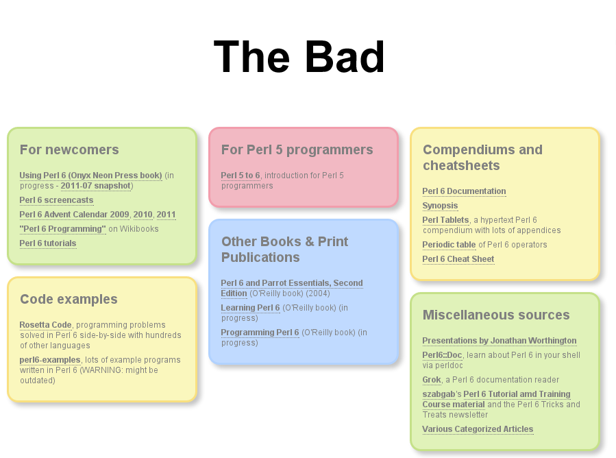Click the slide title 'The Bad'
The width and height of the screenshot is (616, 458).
click(x=299, y=57)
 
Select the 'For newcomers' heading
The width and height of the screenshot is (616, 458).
click(x=69, y=149)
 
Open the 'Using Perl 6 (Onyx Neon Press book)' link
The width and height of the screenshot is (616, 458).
click(x=90, y=176)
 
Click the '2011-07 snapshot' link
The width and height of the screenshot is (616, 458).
click(x=96, y=186)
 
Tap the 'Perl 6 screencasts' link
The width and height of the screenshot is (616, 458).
click(x=57, y=200)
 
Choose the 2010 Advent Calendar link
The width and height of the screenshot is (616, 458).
click(x=143, y=214)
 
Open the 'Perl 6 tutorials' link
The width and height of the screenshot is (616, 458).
click(x=48, y=243)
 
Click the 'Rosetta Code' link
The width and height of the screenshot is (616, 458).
click(x=46, y=325)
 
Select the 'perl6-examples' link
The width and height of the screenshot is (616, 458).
click(x=50, y=360)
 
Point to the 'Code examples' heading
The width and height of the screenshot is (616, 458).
click(x=69, y=299)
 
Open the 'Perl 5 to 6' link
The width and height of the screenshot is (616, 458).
click(x=241, y=176)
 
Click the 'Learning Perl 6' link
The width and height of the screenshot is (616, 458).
click(x=250, y=307)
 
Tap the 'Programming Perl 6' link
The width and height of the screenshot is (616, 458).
click(x=260, y=333)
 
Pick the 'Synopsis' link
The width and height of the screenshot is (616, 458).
click(x=440, y=206)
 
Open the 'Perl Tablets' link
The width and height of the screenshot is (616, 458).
click(x=445, y=220)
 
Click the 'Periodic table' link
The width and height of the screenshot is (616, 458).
click(x=449, y=245)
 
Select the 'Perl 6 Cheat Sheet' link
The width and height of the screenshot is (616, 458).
click(x=458, y=259)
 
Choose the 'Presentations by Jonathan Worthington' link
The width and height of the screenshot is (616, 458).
click(x=500, y=341)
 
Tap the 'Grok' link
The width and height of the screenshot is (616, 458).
click(x=432, y=380)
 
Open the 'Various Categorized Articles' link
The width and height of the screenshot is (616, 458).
click(x=478, y=429)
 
